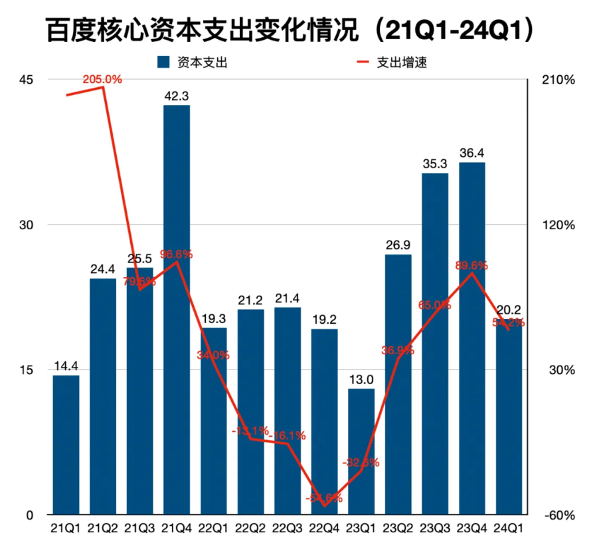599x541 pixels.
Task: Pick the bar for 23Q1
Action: pos(361,451)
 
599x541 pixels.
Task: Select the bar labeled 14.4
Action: pos(66,445)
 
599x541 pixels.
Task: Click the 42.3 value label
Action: pos(177,97)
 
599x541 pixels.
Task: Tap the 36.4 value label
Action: pos(472,154)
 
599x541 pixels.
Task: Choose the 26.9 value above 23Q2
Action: pos(398,246)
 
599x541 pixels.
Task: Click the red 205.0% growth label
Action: pos(102,80)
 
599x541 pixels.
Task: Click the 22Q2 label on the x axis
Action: pos(250,529)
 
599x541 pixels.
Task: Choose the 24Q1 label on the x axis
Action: pos(509,529)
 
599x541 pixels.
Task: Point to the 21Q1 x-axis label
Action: pos(66,529)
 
